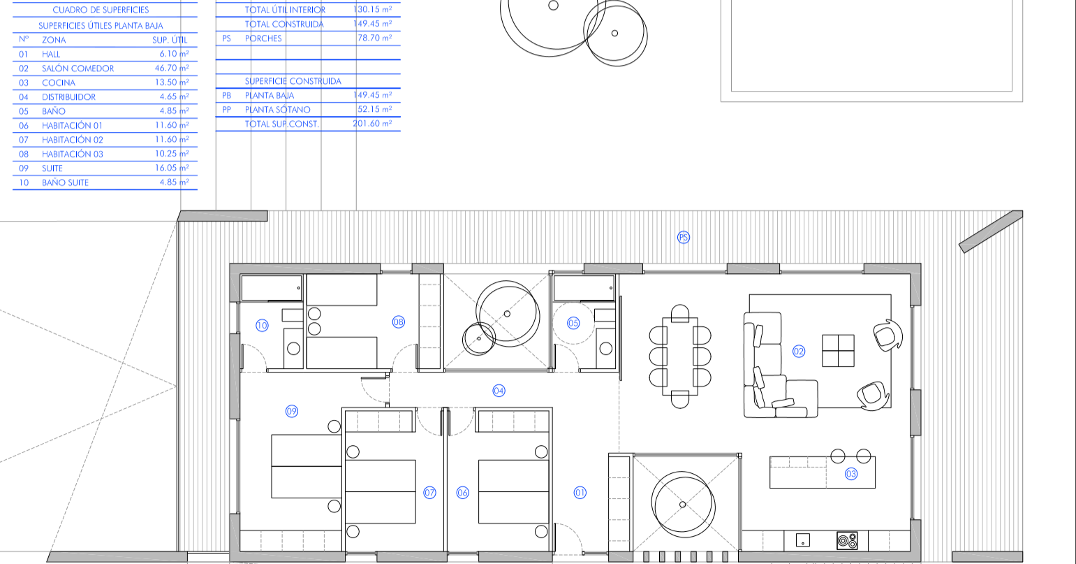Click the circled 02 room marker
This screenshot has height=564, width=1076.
[798, 352]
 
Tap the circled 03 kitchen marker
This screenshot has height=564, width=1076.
[850, 474]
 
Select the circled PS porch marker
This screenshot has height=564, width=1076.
[683, 237]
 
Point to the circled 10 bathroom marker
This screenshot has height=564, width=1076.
[262, 326]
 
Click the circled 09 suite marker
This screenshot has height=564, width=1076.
[292, 411]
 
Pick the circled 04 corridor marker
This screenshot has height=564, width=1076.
[499, 391]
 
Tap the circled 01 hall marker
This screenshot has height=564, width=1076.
[580, 492]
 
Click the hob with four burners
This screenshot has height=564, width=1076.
[847, 540]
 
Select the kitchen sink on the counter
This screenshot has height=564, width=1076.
[803, 540]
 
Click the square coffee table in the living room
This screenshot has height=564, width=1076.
[838, 351]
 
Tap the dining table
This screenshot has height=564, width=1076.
[679, 356]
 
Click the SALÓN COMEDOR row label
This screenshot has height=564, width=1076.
[78, 68]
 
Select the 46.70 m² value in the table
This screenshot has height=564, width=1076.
[172, 68]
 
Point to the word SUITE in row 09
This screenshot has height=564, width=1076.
[52, 168]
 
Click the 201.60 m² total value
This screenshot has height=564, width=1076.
[372, 124]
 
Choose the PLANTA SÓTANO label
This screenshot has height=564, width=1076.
[278, 110]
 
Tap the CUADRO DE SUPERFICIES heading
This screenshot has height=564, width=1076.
[101, 10]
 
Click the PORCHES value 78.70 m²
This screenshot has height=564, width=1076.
[375, 38]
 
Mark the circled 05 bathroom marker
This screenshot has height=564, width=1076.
[573, 323]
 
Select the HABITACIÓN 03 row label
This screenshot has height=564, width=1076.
[73, 154]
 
